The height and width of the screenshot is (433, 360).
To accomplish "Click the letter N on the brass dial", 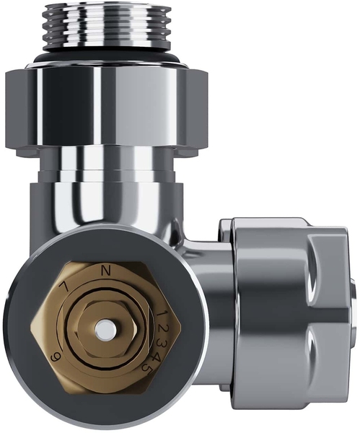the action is pyautogui.click(x=105, y=270).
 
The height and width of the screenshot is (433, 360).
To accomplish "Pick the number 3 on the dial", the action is pyautogui.click(x=162, y=344).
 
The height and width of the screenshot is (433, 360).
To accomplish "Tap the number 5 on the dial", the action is pyautogui.click(x=147, y=367).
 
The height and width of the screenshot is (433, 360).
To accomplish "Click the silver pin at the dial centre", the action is pyautogui.click(x=106, y=329).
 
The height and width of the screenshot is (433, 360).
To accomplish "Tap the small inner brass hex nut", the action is pyautogui.click(x=106, y=329).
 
